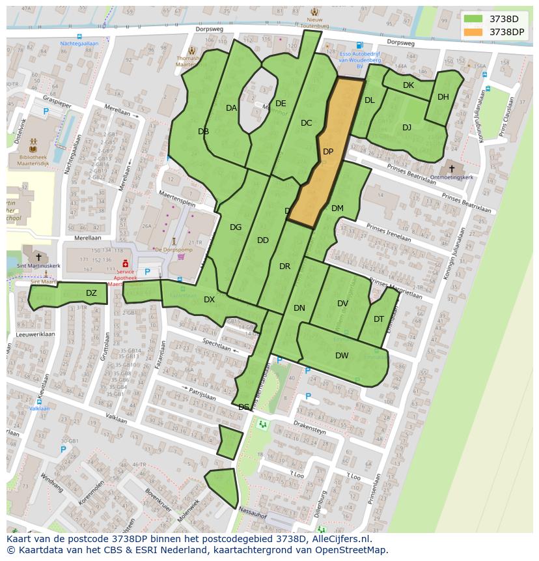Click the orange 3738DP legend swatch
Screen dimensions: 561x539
tap(473, 32)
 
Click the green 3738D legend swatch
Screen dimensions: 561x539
tap(473, 19)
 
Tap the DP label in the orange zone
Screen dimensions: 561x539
tap(328, 152)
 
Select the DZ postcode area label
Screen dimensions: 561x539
tap(91, 293)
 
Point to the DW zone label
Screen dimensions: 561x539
tap(342, 355)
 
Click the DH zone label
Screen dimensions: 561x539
tap(443, 97)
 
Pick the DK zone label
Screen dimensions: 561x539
tap(408, 85)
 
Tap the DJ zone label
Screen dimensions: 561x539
tap(407, 128)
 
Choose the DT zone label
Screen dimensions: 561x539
tap(379, 319)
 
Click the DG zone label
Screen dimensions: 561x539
tap(236, 227)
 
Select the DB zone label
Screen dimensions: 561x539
tap(203, 132)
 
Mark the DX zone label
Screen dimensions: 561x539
tap(209, 300)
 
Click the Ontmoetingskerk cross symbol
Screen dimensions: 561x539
tap(452, 169)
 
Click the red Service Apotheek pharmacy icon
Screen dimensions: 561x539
tap(125, 263)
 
